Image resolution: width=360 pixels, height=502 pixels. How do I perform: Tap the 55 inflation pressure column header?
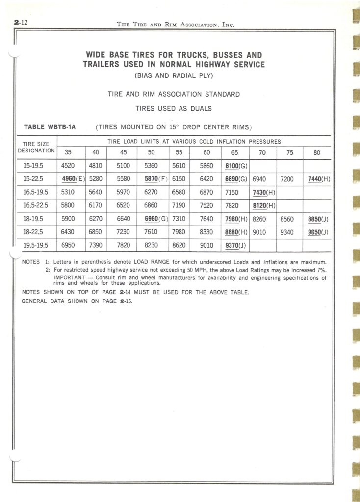click(179, 152)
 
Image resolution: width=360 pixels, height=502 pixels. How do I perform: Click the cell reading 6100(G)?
click(235, 166)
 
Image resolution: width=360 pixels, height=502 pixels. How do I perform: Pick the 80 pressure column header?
click(317, 152)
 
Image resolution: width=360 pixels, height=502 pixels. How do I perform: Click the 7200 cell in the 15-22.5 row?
click(288, 179)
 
